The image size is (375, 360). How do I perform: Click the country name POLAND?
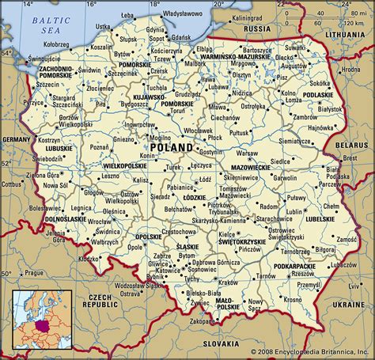pos(170,147)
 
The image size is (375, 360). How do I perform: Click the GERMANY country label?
pos(15,139)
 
